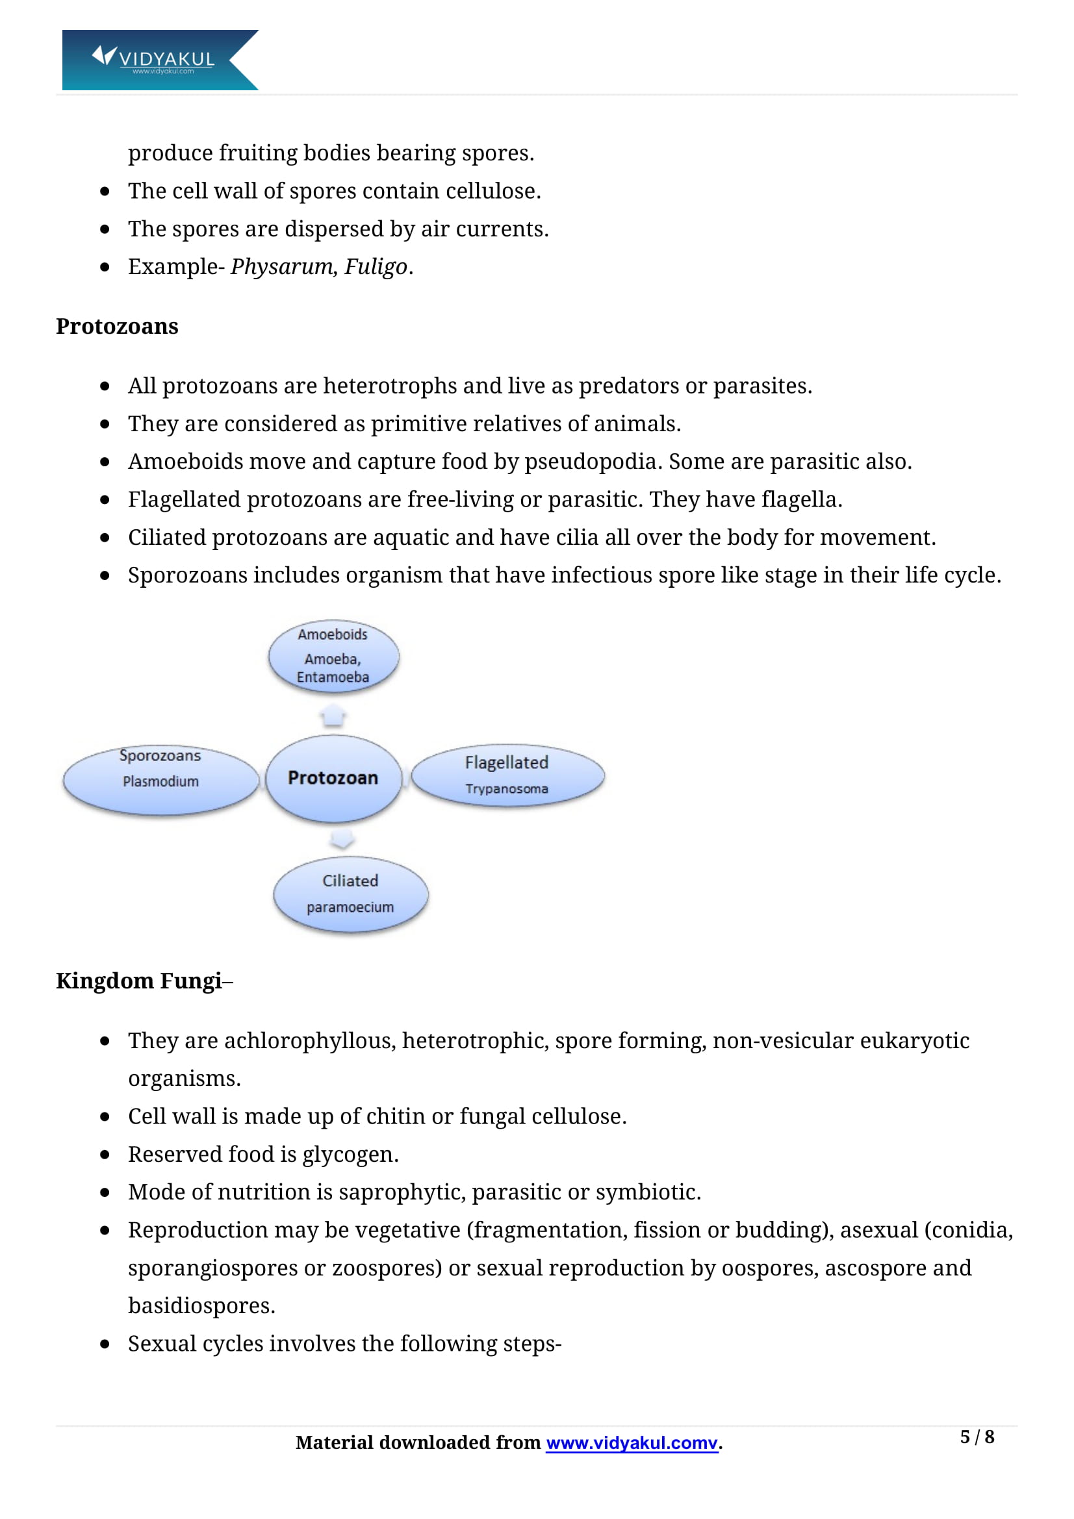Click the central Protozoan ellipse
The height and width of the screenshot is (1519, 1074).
[333, 778]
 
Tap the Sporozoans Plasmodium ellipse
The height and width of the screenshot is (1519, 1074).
[160, 781]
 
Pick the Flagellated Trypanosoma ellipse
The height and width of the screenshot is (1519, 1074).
[507, 775]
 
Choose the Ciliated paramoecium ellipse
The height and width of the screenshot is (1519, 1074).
[350, 894]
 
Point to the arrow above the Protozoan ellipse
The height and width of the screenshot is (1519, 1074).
[333, 716]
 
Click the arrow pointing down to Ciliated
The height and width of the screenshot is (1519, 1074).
[342, 839]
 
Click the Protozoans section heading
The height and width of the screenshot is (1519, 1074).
[117, 326]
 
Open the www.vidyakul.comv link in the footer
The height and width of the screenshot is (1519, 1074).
[632, 1443]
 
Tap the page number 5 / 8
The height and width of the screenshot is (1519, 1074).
[977, 1437]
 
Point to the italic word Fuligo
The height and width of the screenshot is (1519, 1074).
[375, 267]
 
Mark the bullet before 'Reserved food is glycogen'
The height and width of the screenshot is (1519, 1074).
[105, 1155]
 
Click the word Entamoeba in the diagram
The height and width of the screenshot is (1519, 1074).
[333, 677]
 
